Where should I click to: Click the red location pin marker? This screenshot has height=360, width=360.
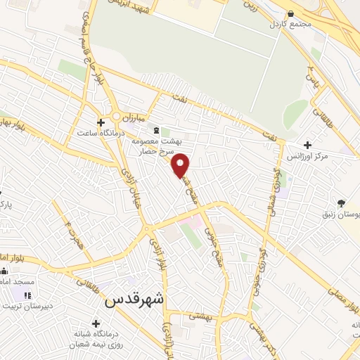181,165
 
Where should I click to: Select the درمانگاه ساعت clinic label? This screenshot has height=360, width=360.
102,132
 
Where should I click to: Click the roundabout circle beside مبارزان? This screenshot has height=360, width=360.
115,115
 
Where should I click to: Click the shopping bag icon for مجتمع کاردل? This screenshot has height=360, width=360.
289,12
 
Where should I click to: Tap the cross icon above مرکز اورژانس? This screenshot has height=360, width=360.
308,145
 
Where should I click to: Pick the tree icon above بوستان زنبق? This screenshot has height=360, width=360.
341,203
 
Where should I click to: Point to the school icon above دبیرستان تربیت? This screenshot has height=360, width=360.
28,296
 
